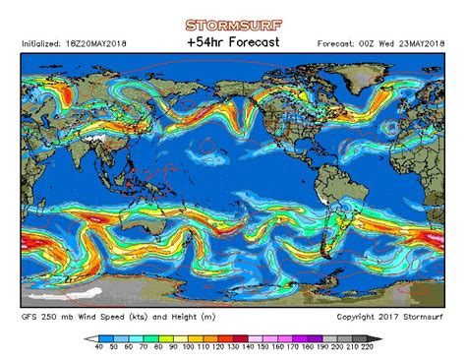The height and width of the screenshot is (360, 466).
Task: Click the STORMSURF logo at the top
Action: click(233, 25)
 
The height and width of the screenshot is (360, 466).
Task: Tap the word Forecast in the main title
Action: click(253, 42)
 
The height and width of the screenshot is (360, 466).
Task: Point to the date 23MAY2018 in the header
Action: click(419, 43)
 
